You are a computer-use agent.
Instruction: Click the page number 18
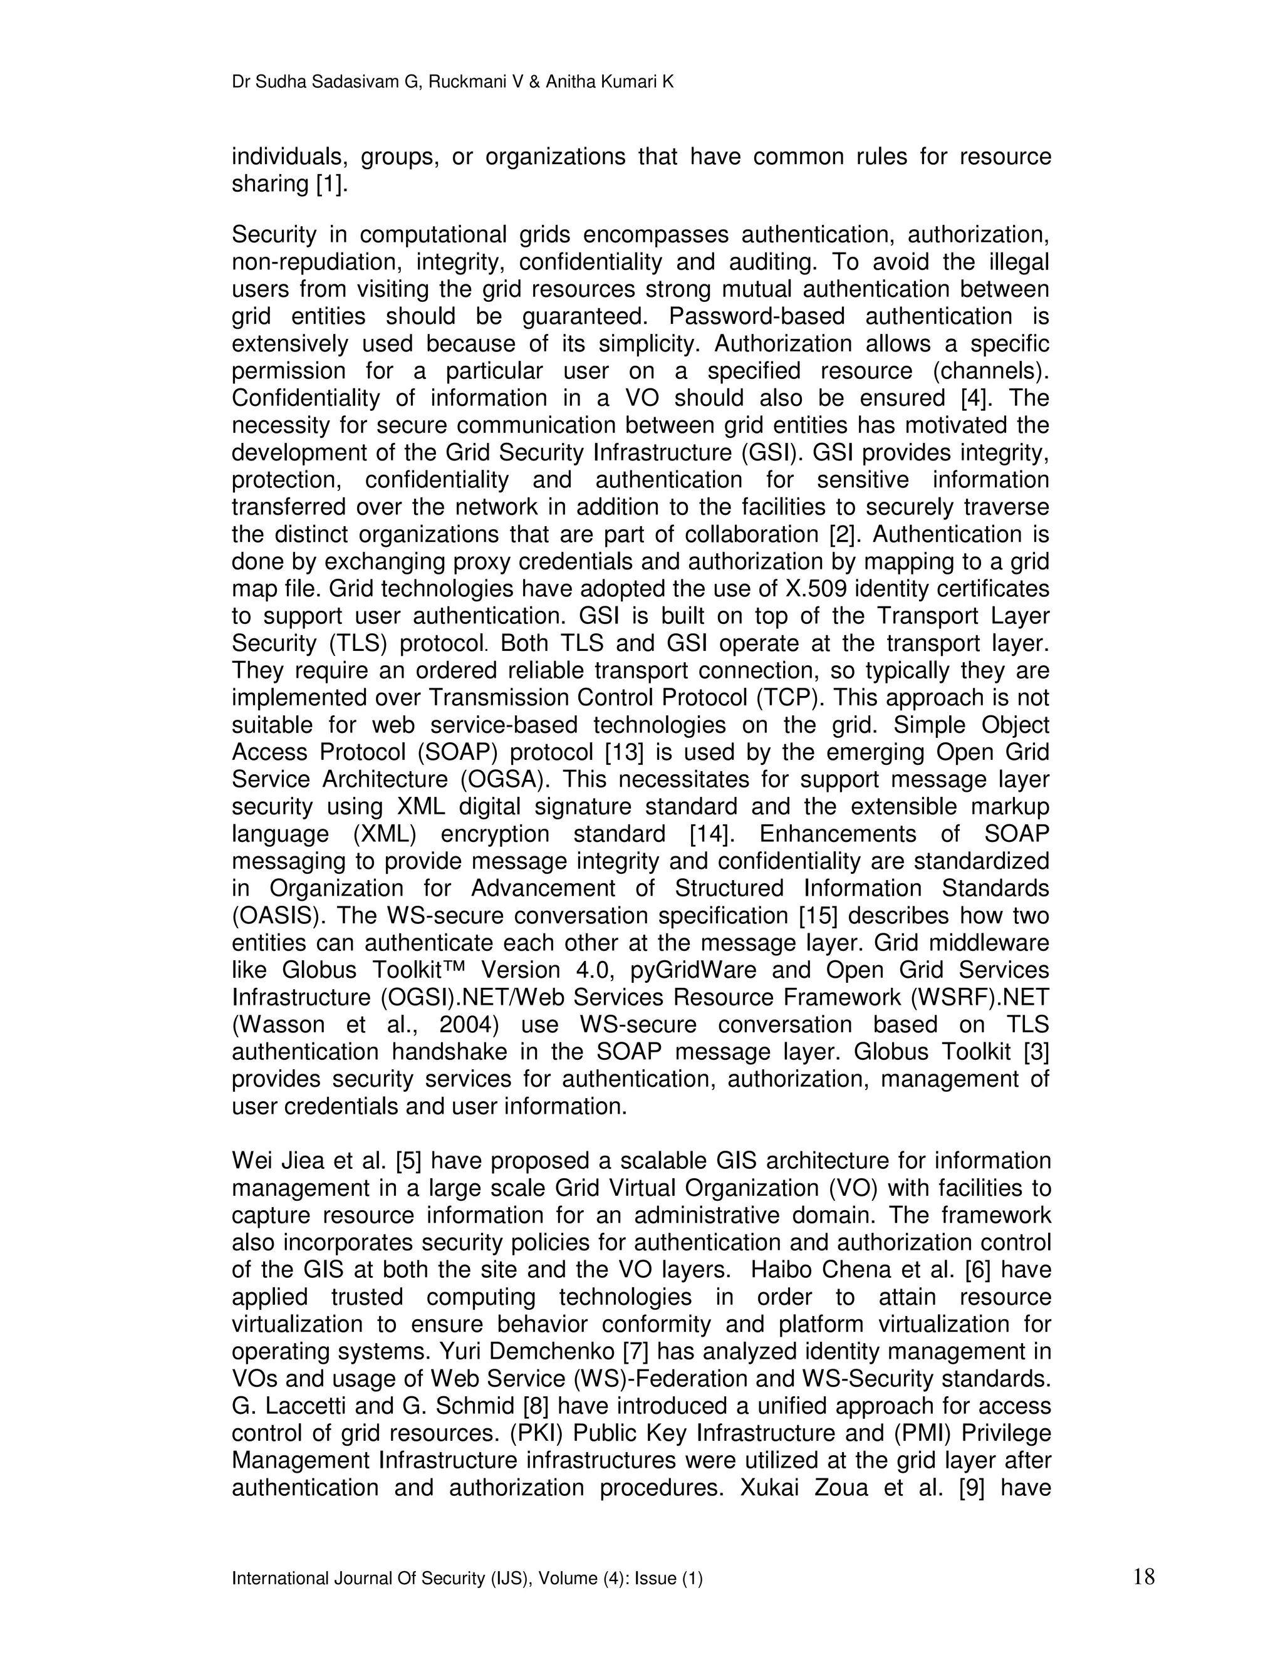click(1143, 1577)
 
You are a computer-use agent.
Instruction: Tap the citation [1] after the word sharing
click(331, 185)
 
